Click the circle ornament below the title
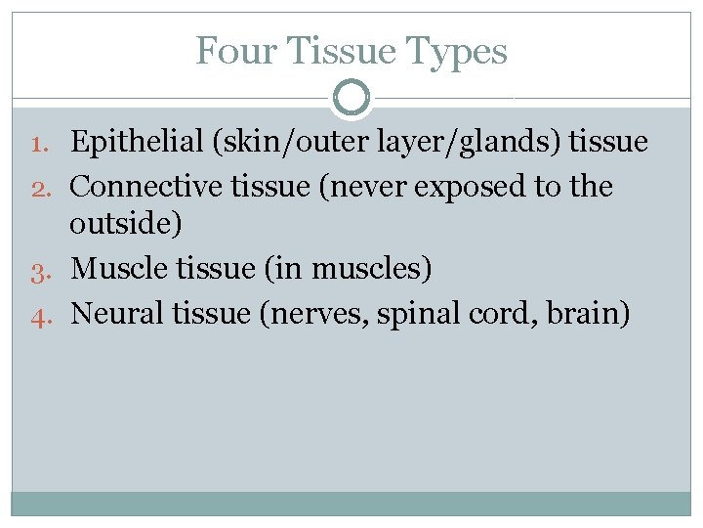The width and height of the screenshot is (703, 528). click(x=351, y=97)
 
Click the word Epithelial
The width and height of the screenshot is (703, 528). click(x=137, y=143)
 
